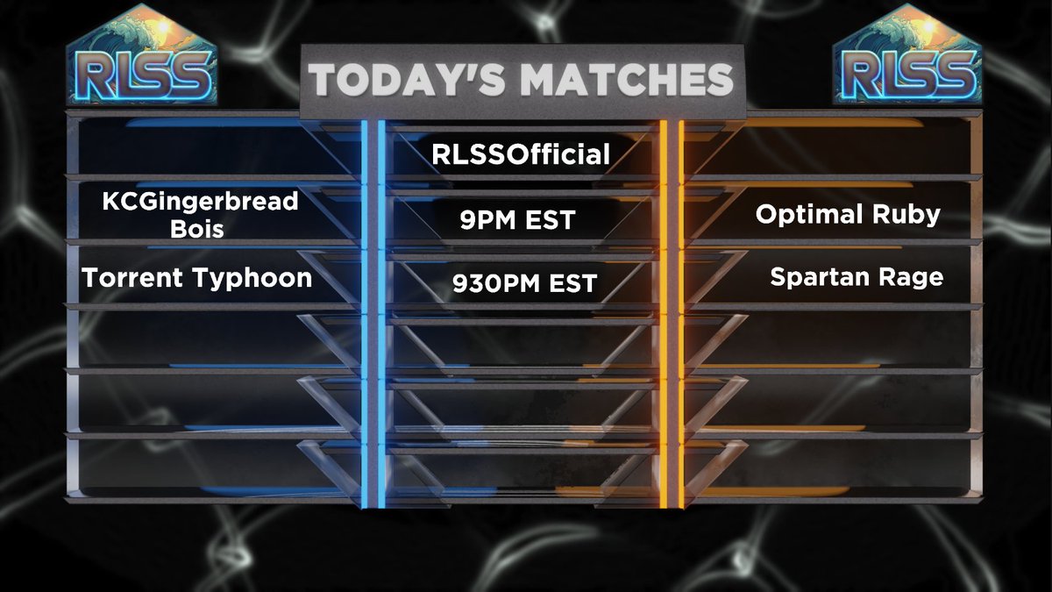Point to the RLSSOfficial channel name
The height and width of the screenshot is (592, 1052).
click(521, 155)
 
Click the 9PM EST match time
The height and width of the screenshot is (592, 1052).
click(517, 220)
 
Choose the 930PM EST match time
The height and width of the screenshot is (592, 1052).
click(524, 284)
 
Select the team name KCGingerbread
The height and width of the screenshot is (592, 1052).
click(200, 201)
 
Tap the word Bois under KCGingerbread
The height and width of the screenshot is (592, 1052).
click(200, 231)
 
